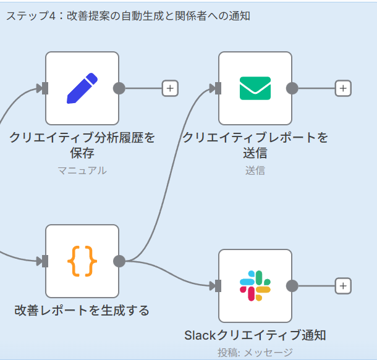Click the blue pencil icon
pyautogui.click(x=82, y=88)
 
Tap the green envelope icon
pyautogui.click(x=255, y=88)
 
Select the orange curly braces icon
pyautogui.click(x=82, y=261)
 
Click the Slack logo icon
pyautogui.click(x=255, y=286)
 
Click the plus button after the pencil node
pyautogui.click(x=170, y=88)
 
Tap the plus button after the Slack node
pyautogui.click(x=343, y=286)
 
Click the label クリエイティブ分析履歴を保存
pyautogui.click(x=82, y=144)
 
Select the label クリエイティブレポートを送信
pyautogui.click(x=255, y=144)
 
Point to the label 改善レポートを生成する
pyautogui.click(x=82, y=310)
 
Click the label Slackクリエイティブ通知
pyautogui.click(x=255, y=335)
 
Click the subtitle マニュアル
pyautogui.click(x=82, y=170)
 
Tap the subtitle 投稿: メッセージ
pyautogui.click(x=255, y=353)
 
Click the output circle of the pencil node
pyautogui.click(x=120, y=88)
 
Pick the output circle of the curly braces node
pyautogui.click(x=120, y=261)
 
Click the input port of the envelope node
pyautogui.click(x=217, y=88)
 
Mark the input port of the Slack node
pyautogui.click(x=217, y=286)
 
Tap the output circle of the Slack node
pyautogui.click(x=293, y=286)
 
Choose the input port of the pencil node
pyautogui.click(x=44, y=88)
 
